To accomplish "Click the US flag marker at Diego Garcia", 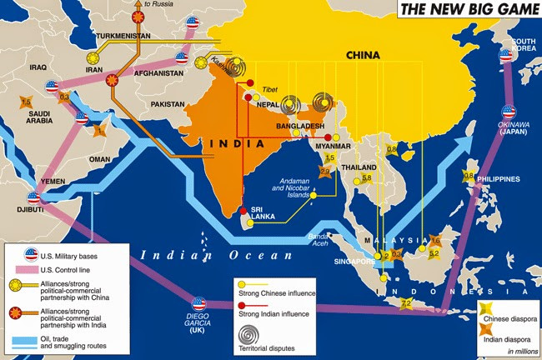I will [198, 305].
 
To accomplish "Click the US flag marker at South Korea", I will [506, 55].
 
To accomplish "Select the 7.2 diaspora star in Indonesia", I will [406, 305].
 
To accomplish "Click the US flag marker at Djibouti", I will [34, 198].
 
